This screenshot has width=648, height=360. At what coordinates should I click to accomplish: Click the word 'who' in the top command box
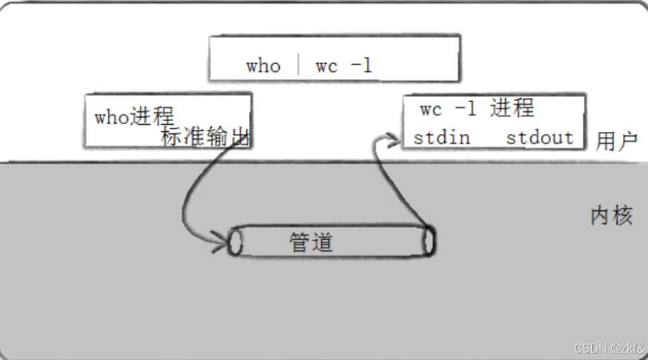click(x=263, y=66)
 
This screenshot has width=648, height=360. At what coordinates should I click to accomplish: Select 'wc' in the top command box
click(x=327, y=66)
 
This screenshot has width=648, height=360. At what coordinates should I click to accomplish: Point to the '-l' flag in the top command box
click(x=362, y=66)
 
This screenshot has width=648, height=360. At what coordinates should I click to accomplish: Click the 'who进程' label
click(x=134, y=117)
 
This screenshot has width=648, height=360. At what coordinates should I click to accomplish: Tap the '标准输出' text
click(x=205, y=138)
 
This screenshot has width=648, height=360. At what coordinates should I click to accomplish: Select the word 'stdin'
click(x=441, y=137)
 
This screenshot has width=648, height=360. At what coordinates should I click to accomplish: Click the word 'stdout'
click(x=540, y=137)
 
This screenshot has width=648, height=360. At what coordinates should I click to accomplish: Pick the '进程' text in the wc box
click(x=512, y=108)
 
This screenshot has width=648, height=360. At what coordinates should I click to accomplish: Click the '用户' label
click(x=616, y=141)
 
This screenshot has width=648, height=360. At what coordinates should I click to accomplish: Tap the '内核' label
click(x=611, y=216)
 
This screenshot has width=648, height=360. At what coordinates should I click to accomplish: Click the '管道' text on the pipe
click(x=311, y=242)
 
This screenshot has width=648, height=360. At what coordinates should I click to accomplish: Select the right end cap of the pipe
click(x=428, y=242)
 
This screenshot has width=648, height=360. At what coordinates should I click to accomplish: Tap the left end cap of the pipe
click(x=235, y=242)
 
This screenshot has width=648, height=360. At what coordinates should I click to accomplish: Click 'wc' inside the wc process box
click(x=431, y=110)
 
